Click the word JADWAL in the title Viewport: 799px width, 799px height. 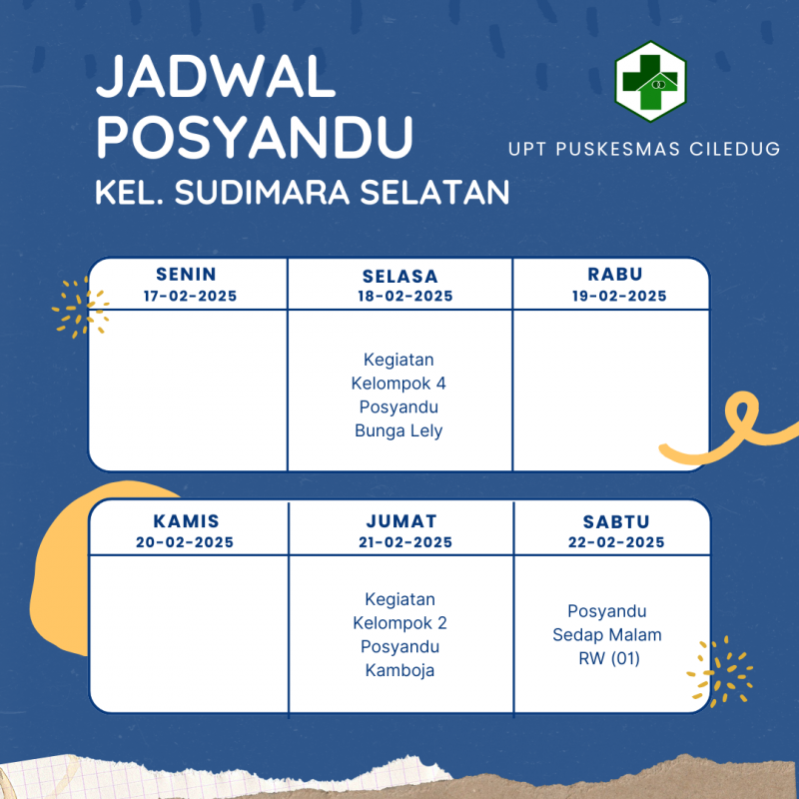(216, 77)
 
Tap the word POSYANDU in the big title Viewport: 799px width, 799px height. (255, 137)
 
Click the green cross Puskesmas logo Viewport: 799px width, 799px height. (651, 82)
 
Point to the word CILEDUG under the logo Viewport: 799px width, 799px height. (735, 149)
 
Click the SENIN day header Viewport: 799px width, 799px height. (186, 274)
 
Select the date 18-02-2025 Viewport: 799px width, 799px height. (405, 296)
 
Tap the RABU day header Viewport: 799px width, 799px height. (615, 274)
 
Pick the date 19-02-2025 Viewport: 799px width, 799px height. (619, 296)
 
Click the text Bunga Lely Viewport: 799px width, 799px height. (399, 430)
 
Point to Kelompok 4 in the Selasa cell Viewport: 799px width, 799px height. (399, 384)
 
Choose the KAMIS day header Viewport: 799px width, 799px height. (186, 521)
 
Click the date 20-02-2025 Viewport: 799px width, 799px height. (185, 542)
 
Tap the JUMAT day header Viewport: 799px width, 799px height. (401, 521)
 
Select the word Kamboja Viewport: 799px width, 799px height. (400, 670)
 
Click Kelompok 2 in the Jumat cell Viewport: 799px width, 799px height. (400, 622)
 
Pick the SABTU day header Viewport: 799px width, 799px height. (616, 521)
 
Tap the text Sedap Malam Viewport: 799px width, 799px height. (607, 635)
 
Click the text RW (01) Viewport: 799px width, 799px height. (609, 658)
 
